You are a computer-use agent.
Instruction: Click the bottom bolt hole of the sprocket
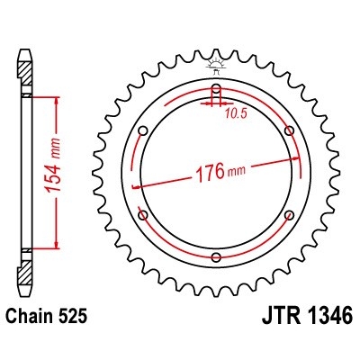(x=216, y=258)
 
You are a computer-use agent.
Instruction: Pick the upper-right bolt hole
(x=289, y=131)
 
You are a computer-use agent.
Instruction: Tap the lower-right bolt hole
(x=289, y=216)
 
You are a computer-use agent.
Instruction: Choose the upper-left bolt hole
(x=143, y=131)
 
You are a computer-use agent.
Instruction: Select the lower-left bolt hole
(x=143, y=216)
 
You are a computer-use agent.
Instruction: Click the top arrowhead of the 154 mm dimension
(x=58, y=102)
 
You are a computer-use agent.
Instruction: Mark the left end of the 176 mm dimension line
(x=134, y=187)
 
